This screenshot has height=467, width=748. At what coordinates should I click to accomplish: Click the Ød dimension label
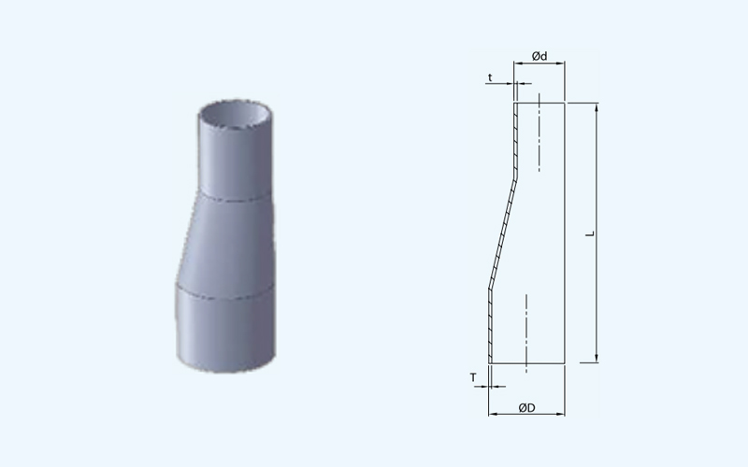coord(539,56)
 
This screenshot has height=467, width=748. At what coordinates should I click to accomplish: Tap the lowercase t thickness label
coord(490,78)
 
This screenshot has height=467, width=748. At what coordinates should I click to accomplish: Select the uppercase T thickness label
coord(473,377)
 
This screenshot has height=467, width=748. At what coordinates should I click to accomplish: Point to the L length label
coord(591,233)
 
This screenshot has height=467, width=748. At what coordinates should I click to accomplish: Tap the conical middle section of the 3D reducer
coord(226,243)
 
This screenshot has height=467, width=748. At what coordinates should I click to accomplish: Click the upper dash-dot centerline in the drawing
coord(539,133)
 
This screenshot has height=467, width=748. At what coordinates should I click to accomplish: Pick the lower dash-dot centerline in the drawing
coord(526,333)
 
